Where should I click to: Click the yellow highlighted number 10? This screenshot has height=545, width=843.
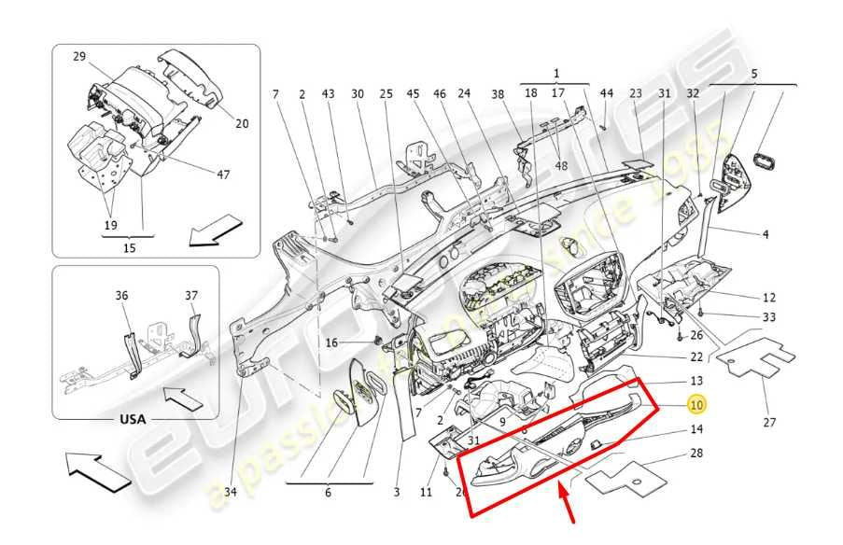click(697, 405)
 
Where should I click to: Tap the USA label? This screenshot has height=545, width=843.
click(133, 419)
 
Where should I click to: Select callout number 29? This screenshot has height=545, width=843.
click(79, 57)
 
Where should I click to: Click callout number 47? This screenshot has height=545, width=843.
click(223, 175)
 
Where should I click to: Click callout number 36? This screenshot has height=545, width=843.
click(121, 296)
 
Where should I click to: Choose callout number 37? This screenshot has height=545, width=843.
click(191, 296)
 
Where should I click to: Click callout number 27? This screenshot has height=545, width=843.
click(769, 423)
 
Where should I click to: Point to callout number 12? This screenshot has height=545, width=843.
click(769, 298)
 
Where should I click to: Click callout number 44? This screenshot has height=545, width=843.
click(606, 93)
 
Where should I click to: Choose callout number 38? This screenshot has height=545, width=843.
click(498, 93)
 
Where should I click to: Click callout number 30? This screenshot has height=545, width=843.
click(358, 93)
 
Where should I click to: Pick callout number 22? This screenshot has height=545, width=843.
click(695, 357)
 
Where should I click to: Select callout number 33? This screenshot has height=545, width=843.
click(769, 317)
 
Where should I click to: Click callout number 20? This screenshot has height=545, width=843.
click(242, 123)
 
